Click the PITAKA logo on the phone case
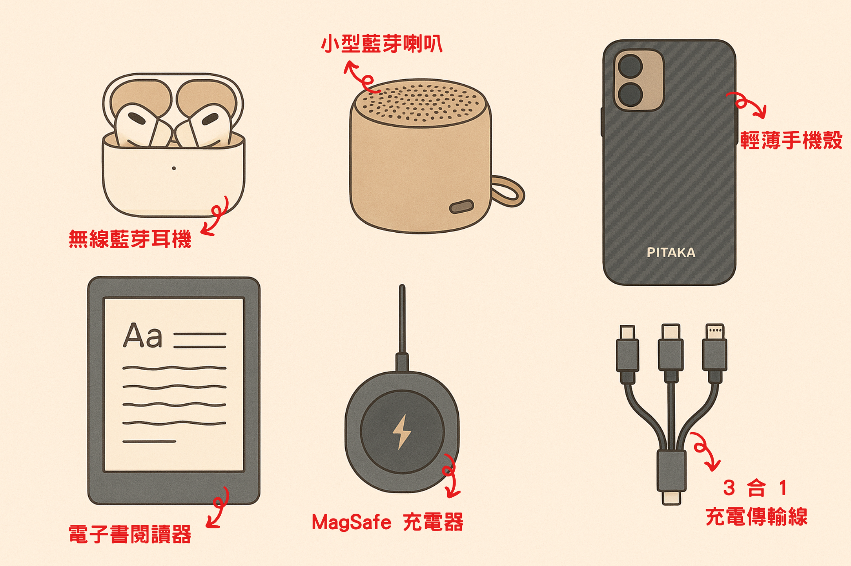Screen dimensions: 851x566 point(671,253)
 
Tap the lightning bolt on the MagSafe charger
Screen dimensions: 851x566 point(402,432)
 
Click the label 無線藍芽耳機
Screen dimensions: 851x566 point(130,239)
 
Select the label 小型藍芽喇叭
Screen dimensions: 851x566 point(382,44)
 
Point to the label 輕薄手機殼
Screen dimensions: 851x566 point(791,140)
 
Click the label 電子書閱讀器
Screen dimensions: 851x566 point(130,534)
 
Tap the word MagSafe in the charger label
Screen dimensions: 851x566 point(351,522)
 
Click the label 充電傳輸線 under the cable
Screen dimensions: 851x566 point(757,517)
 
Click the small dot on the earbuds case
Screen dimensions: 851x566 point(174,168)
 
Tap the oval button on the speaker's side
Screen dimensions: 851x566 point(462,207)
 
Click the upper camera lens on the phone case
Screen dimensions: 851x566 point(630,66)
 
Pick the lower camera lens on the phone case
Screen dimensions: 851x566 point(630,94)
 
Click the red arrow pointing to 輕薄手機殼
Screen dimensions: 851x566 point(747,104)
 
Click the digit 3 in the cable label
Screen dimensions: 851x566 point(729,488)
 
